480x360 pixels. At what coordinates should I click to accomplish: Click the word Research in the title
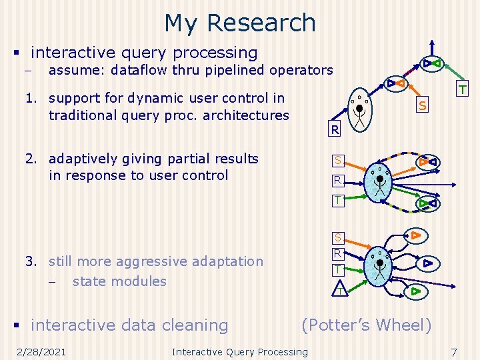click(x=261, y=23)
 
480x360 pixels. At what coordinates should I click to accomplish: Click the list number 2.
click(x=30, y=159)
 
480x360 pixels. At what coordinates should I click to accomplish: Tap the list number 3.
click(x=30, y=261)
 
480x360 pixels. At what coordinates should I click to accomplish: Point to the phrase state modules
click(x=119, y=281)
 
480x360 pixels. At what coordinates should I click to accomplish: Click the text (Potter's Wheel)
click(x=367, y=325)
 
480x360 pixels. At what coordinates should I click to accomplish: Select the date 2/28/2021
click(x=42, y=352)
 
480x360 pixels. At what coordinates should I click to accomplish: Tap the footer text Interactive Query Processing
click(x=240, y=352)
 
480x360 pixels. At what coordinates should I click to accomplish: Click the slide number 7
click(x=453, y=352)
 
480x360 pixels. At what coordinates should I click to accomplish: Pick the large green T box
click(x=461, y=89)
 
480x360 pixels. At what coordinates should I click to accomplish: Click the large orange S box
click(x=422, y=105)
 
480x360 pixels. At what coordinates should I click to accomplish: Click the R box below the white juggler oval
click(x=335, y=129)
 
